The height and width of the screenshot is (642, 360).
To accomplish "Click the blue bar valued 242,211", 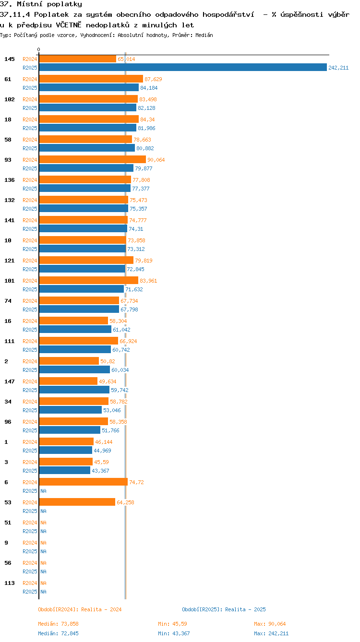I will coord(182,68).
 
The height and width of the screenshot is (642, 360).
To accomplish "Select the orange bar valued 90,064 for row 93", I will coord(92,160).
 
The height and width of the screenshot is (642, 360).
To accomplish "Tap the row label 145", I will coord(10,59).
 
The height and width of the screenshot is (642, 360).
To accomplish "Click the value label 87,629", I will coord(154,79).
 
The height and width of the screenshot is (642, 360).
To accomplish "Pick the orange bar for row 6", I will coord(83,482).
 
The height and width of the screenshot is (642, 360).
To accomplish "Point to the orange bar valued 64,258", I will coord(77,502).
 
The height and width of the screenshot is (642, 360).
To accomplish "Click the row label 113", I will coord(10,583).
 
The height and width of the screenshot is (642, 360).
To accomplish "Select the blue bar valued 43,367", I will coord(64,471).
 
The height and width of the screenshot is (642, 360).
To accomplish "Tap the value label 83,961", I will coord(148,281).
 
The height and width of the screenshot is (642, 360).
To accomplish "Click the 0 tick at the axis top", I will coord(39,50).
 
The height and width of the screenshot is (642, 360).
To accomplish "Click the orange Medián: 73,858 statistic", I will coord(58,624).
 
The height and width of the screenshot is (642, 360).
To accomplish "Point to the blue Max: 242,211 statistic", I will coord(271,633).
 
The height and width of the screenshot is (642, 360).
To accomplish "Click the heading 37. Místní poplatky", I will coord(41,4).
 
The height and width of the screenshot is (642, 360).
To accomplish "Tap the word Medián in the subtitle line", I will coord(204,35).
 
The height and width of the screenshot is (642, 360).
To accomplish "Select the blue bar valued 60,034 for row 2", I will coord(74,370).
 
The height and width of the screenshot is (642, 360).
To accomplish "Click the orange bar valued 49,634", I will coord(68,381).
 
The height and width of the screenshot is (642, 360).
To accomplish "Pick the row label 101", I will coord(10,281).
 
